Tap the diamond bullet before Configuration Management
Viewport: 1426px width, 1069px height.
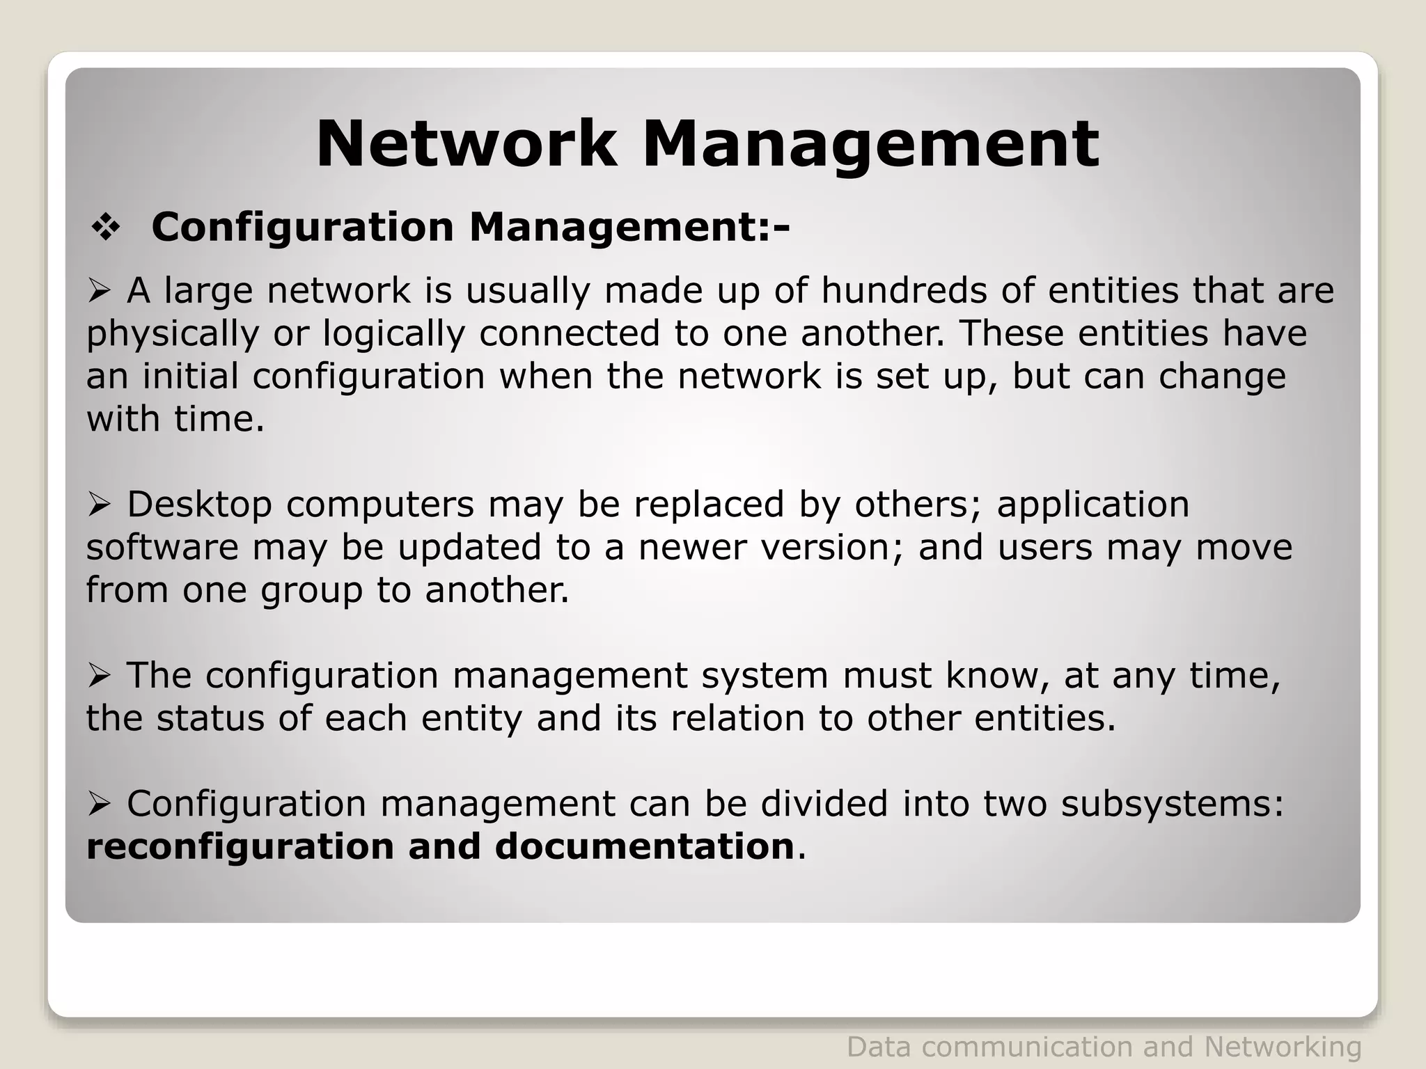point(106,228)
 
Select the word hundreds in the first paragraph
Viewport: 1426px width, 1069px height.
point(904,290)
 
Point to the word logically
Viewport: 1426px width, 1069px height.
point(393,333)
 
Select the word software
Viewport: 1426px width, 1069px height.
point(162,547)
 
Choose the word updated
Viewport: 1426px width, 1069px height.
point(469,547)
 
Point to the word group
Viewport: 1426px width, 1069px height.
point(311,590)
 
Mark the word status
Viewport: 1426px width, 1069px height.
point(210,718)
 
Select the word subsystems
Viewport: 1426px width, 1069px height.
point(1173,804)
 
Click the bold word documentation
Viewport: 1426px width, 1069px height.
point(645,846)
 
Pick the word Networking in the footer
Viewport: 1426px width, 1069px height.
point(1283,1047)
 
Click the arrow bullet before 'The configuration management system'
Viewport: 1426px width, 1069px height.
point(99,676)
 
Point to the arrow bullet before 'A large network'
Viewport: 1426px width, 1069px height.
point(99,291)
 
